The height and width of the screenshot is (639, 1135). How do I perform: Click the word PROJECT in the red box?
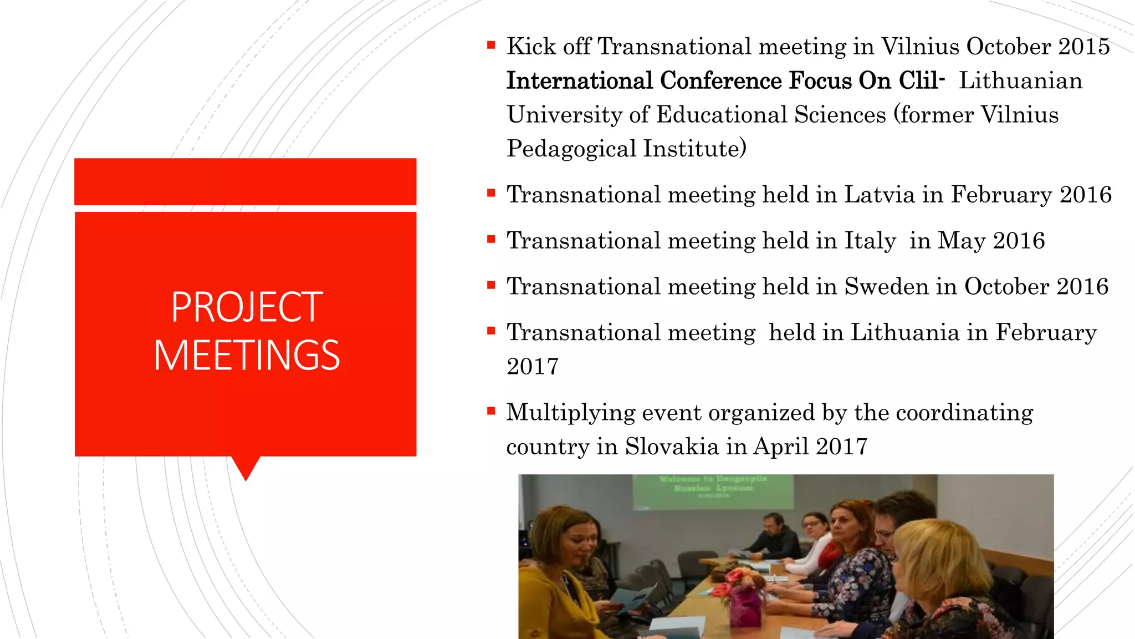(x=247, y=307)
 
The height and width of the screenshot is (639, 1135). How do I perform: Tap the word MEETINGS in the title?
(x=247, y=356)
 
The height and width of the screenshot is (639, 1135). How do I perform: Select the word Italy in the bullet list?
(x=870, y=241)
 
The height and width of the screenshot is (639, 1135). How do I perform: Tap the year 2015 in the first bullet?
(x=1084, y=47)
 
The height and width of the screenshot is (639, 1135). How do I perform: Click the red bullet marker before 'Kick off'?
(x=491, y=45)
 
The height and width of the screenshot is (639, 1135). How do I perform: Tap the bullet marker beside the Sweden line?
(x=491, y=286)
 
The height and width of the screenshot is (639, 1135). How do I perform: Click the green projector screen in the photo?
(x=713, y=491)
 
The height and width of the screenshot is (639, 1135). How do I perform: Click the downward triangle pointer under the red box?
(x=246, y=468)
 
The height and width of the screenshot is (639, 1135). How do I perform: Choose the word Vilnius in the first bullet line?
(x=920, y=47)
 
